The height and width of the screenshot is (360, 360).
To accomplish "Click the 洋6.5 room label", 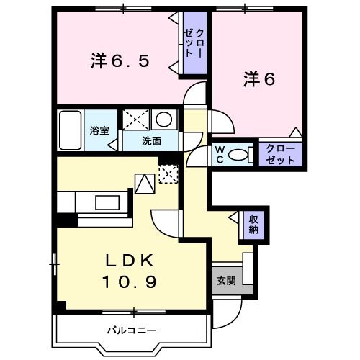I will click(x=120, y=60).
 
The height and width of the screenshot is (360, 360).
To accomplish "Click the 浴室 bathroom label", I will click(x=99, y=131).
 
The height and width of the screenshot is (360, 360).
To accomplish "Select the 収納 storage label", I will click(x=254, y=225).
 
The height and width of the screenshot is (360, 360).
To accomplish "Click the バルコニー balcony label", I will click(x=132, y=330).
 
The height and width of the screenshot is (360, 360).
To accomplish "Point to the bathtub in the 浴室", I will click(x=70, y=130).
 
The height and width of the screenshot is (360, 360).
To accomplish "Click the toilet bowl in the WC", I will click(x=242, y=153).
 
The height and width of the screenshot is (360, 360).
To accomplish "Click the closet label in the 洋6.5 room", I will click(x=194, y=43).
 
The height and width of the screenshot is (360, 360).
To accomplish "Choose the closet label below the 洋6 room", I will click(x=280, y=154).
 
